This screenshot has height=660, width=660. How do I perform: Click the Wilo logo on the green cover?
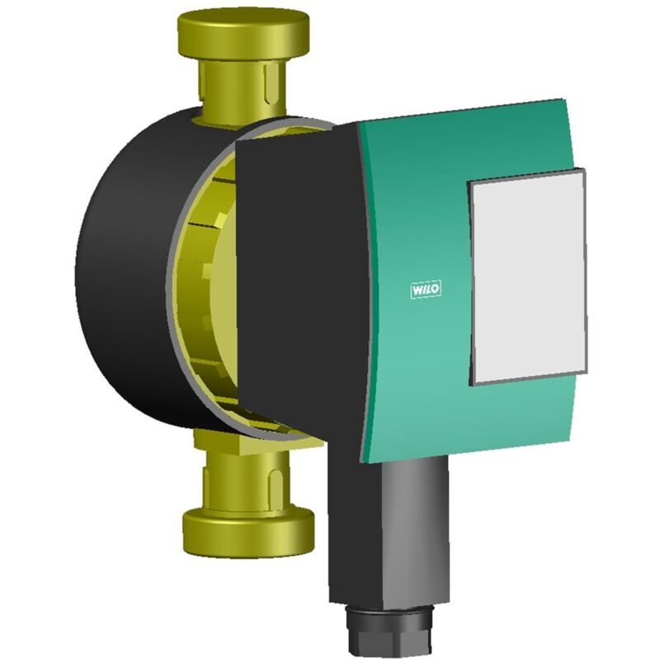point(426,290)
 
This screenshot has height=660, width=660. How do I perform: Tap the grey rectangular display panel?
point(528,276)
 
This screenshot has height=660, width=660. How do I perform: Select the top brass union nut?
point(243,37)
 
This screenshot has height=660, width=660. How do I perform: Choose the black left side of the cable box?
point(346,528)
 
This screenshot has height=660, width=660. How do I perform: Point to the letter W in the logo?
point(417,290)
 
